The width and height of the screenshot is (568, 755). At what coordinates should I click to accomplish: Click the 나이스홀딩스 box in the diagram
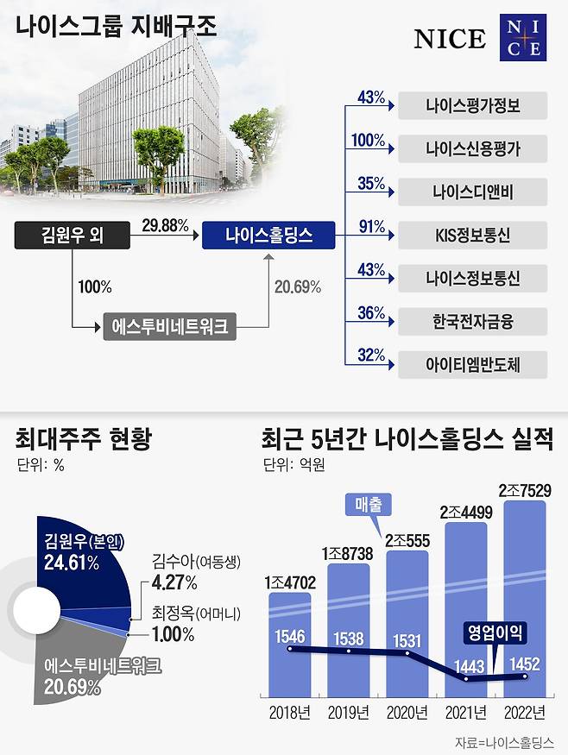(268, 235)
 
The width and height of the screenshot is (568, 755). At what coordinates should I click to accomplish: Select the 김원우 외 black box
(73, 235)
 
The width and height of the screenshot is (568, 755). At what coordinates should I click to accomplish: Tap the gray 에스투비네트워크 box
(170, 327)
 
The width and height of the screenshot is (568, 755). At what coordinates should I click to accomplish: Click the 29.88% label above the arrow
(165, 226)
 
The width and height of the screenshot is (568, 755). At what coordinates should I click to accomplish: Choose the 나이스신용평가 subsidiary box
(473, 148)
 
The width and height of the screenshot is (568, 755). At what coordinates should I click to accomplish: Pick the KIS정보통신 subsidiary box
(473, 235)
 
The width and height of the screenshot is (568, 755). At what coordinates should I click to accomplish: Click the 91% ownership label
(371, 227)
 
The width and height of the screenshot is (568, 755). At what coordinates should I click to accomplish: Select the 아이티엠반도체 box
(473, 365)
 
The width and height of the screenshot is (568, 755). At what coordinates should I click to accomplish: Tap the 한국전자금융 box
(473, 322)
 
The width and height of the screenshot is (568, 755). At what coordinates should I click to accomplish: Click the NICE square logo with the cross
(523, 39)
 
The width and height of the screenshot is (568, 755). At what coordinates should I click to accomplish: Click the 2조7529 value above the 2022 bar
(525, 489)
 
